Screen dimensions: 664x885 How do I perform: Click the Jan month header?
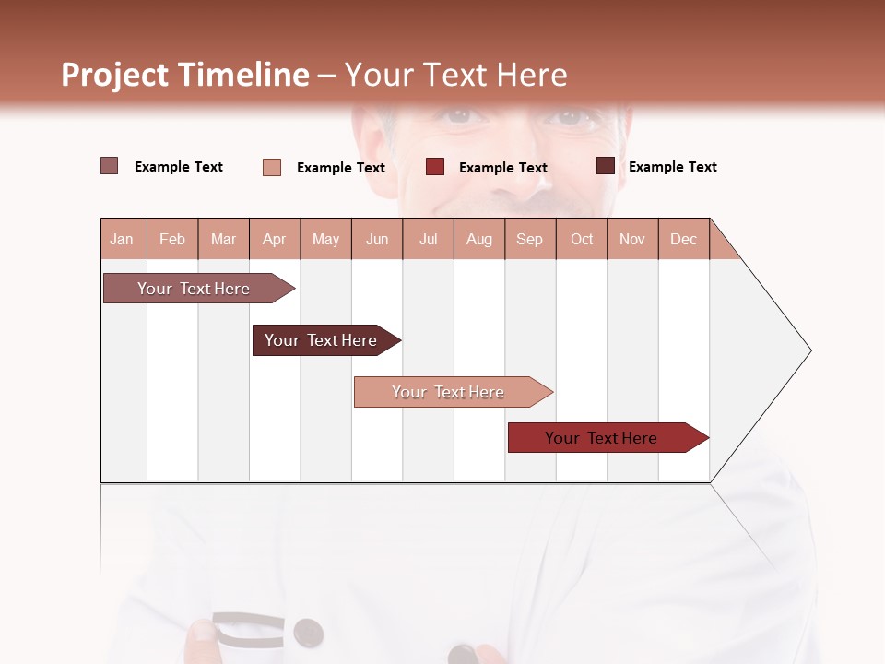[122, 239]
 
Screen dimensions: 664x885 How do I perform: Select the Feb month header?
[172, 239]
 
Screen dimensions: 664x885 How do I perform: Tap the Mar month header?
[223, 239]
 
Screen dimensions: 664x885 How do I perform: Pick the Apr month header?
[274, 239]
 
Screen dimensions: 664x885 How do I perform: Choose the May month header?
[325, 239]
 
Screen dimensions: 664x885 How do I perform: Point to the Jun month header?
[377, 239]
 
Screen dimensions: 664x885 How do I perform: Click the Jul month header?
[428, 239]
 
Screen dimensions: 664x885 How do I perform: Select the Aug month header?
[479, 239]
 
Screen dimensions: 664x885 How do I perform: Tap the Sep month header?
[529, 239]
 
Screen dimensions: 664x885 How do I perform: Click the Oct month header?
[582, 239]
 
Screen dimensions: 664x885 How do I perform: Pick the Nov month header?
[632, 239]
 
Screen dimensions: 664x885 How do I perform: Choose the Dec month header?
[683, 239]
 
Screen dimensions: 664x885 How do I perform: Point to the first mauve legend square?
[109, 166]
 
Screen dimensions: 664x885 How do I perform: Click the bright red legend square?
[435, 167]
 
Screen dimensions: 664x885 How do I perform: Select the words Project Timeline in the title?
[185, 75]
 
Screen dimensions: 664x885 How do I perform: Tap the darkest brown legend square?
[606, 166]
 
